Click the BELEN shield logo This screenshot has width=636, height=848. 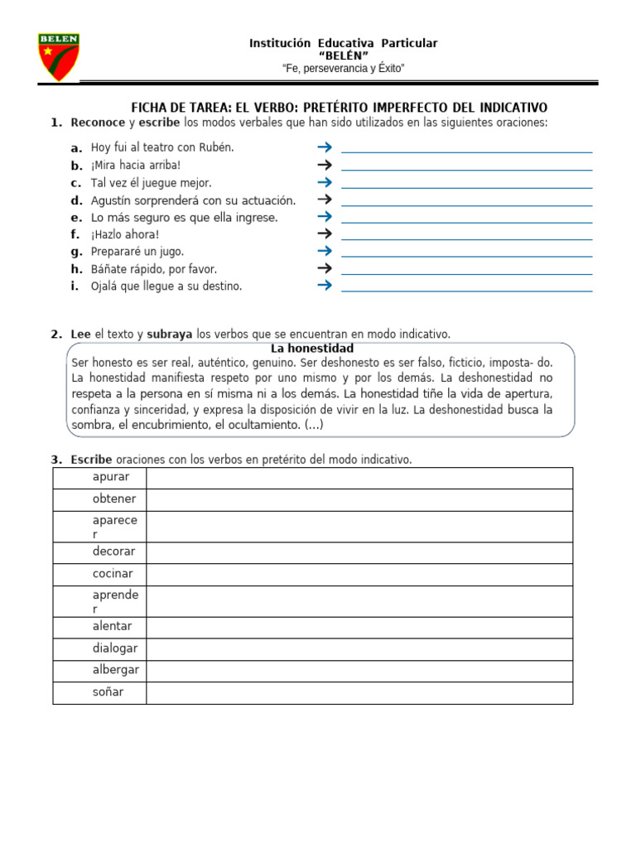pyautogui.click(x=59, y=56)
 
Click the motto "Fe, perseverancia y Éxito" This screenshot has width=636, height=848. pyautogui.click(x=343, y=68)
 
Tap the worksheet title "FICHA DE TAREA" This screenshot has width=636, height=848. pyautogui.click(x=178, y=108)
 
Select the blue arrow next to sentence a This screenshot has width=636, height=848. pyautogui.click(x=324, y=147)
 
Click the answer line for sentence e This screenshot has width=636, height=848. pyautogui.click(x=466, y=221)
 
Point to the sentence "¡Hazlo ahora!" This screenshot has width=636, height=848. pyautogui.click(x=125, y=234)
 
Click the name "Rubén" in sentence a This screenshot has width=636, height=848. pyautogui.click(x=217, y=147)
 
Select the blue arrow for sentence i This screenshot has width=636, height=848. pyautogui.click(x=324, y=286)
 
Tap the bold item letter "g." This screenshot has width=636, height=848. pyautogui.click(x=76, y=252)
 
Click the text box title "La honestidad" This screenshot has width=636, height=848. pyautogui.click(x=312, y=348)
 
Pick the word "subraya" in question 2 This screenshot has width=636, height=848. pyautogui.click(x=170, y=335)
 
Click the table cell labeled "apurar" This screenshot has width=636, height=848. pyautogui.click(x=99, y=478)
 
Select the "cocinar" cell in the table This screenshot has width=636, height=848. pyautogui.click(x=99, y=574)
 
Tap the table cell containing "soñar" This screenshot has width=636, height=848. pyautogui.click(x=99, y=692)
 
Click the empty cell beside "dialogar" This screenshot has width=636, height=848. pyautogui.click(x=359, y=649)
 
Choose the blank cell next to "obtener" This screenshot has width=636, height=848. pyautogui.click(x=359, y=499)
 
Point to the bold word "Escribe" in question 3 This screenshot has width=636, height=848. pyautogui.click(x=91, y=460)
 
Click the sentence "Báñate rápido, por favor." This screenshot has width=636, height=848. pyautogui.click(x=154, y=269)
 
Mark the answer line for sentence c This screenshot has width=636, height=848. pyautogui.click(x=466, y=187)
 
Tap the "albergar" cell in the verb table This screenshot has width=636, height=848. pyautogui.click(x=99, y=671)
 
